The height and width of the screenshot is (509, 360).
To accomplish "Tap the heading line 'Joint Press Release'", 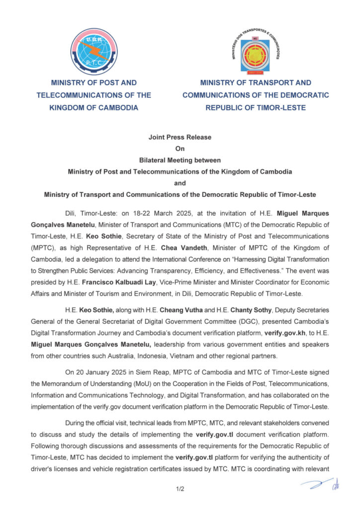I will click(x=180, y=137).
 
